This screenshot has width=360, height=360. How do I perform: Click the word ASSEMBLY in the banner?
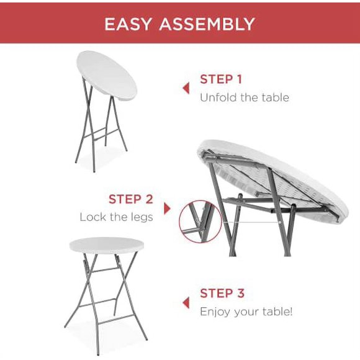(207, 24)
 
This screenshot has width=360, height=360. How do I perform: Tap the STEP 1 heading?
(221, 79)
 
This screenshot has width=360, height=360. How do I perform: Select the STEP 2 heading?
(131, 199)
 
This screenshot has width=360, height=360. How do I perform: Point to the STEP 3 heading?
(222, 293)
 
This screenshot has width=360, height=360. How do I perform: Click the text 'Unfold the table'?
(244, 97)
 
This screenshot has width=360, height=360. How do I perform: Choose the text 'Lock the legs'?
(116, 217)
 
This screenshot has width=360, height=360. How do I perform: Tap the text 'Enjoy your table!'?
(246, 311)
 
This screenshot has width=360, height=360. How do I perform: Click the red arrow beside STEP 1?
(186, 88)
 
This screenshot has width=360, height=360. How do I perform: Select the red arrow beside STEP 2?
(166, 208)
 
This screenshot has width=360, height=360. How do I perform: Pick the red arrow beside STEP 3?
(186, 302)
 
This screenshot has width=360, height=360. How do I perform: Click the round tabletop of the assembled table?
(107, 245)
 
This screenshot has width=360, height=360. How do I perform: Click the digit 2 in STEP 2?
(149, 199)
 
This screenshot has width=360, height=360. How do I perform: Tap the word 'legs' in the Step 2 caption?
(142, 218)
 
